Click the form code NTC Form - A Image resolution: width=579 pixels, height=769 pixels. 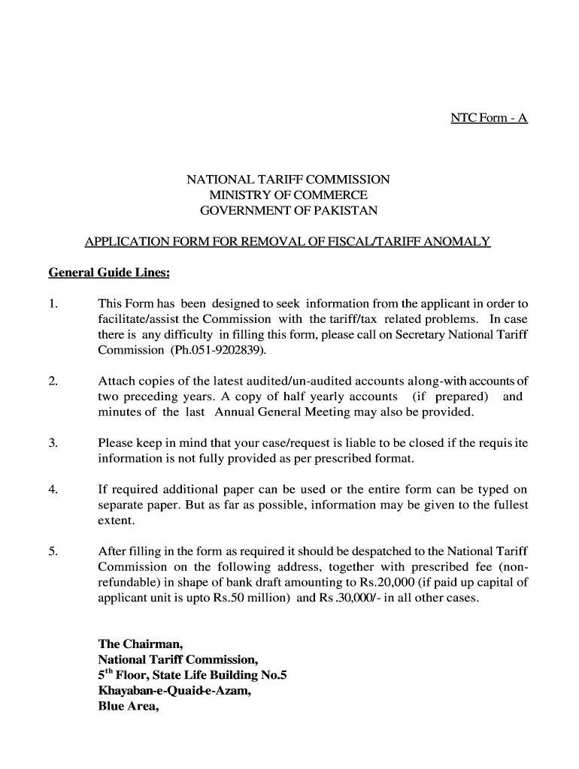point(489,119)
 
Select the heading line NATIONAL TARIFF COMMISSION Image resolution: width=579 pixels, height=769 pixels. point(288,180)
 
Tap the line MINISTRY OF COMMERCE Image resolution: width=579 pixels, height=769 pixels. point(288,196)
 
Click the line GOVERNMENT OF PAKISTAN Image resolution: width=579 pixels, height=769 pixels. point(288,212)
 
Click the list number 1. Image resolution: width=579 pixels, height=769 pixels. point(52,304)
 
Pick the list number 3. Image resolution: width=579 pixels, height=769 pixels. point(53,443)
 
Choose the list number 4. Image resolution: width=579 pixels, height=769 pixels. point(53,490)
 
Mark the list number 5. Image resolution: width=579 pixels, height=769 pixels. point(53,552)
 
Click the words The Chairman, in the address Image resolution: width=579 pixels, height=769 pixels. point(141,644)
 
